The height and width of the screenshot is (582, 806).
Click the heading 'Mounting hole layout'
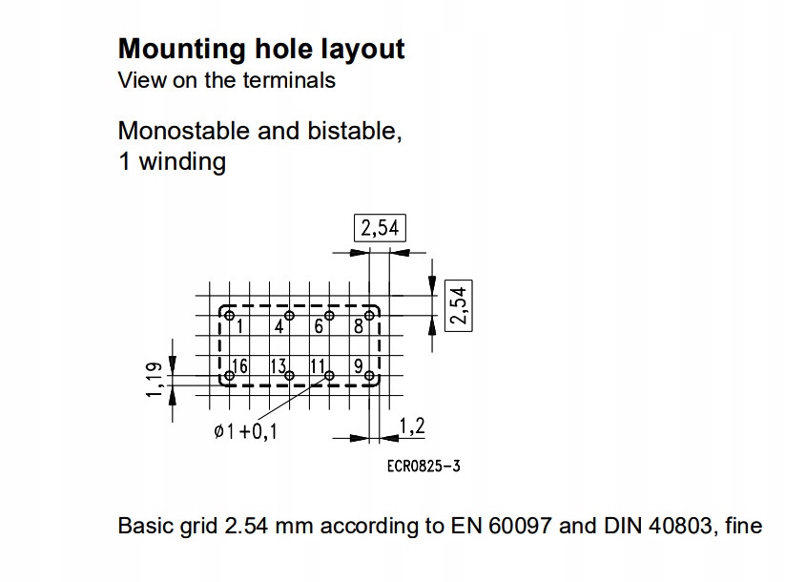(260, 49)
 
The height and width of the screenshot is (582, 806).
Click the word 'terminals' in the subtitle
(293, 80)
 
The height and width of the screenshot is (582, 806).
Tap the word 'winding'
(182, 161)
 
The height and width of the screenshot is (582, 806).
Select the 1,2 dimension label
(411, 426)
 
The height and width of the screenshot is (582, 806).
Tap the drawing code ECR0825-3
(425, 466)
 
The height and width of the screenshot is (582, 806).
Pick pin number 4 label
(279, 326)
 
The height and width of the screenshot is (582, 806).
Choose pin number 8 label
(359, 326)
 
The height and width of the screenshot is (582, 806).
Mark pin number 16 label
(238, 366)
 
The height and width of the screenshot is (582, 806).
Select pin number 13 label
(279, 366)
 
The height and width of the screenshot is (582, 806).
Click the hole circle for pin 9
(370, 377)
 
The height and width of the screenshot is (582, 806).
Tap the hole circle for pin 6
(329, 316)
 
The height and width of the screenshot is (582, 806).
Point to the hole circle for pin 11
(329, 377)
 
